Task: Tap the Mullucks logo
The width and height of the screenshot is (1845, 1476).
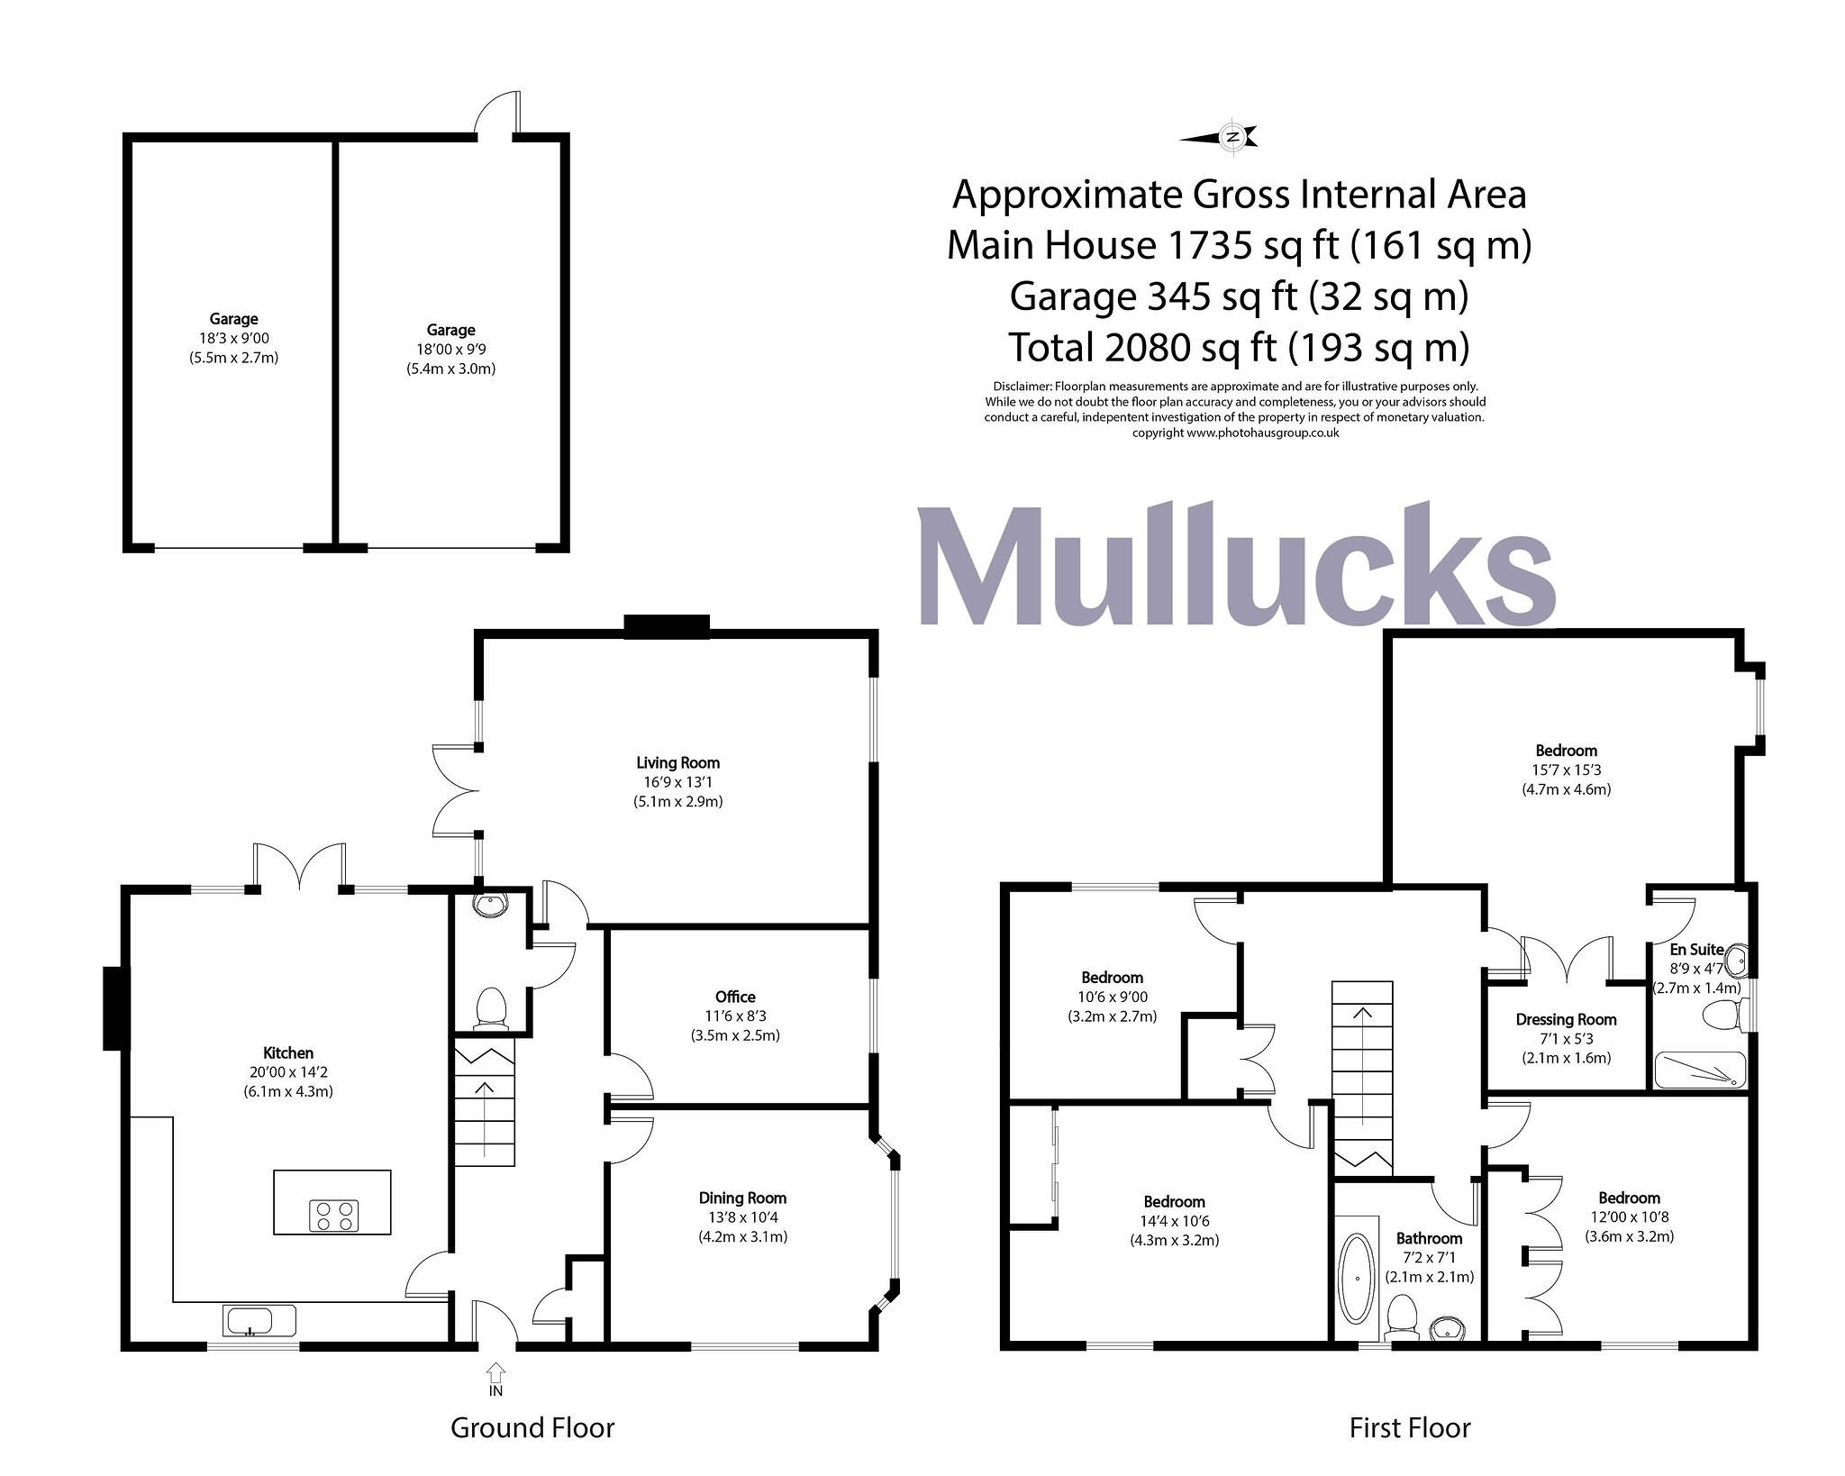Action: [x=1236, y=565]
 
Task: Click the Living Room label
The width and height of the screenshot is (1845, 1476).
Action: [x=677, y=762]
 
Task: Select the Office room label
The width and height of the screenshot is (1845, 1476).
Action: [x=735, y=997]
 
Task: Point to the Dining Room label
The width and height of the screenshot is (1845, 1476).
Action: [x=742, y=1198]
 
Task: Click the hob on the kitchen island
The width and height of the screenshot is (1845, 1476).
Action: [x=334, y=1215]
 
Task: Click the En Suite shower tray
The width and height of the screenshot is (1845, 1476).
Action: [x=1699, y=1071]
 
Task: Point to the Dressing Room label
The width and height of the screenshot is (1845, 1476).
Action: [x=1566, y=1019]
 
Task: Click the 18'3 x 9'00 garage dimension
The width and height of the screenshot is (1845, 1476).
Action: [x=233, y=338]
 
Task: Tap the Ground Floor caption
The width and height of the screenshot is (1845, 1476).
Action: [x=532, y=1427]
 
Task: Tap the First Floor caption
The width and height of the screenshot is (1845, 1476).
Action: [x=1410, y=1427]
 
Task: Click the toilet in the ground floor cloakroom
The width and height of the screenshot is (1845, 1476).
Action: [x=491, y=1008]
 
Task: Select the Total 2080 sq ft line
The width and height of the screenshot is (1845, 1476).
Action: [x=1239, y=347]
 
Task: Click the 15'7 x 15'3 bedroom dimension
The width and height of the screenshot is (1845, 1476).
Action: [x=1566, y=770]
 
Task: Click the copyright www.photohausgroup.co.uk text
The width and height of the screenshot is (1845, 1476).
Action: [x=1235, y=433]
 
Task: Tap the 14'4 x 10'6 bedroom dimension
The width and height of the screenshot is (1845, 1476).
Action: [x=1174, y=1221]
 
